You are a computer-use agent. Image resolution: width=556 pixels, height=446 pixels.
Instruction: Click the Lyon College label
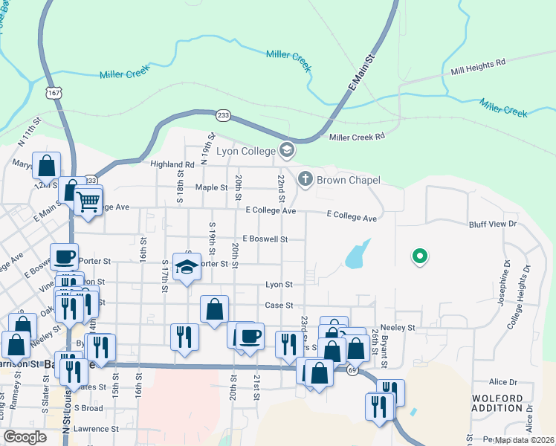click(x=247, y=151)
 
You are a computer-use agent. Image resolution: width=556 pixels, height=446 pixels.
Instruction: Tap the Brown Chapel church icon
click(x=305, y=179)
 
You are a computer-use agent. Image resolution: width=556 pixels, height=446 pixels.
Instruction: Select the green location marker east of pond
click(x=419, y=256)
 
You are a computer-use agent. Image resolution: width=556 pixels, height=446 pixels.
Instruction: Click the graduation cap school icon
click(x=187, y=266)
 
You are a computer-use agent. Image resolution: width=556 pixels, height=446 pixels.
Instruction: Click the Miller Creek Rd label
click(x=357, y=137)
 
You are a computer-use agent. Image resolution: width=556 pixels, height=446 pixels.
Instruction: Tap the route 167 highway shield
click(x=52, y=92)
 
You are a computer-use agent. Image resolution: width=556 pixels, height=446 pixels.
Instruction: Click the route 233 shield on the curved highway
click(x=223, y=115)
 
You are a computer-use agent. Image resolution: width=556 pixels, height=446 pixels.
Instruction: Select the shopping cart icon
click(x=88, y=199)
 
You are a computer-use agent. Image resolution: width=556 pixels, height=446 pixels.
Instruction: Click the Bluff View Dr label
click(x=492, y=223)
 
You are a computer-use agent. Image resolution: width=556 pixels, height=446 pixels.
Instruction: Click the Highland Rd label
click(x=172, y=164)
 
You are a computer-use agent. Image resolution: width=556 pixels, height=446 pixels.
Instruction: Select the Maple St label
click(x=211, y=187)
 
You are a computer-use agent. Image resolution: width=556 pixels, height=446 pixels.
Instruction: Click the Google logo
click(x=25, y=437)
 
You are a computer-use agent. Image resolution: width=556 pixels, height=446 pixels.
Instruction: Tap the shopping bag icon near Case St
click(x=214, y=309)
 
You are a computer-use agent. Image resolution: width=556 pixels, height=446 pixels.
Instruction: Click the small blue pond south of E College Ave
click(x=358, y=254)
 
